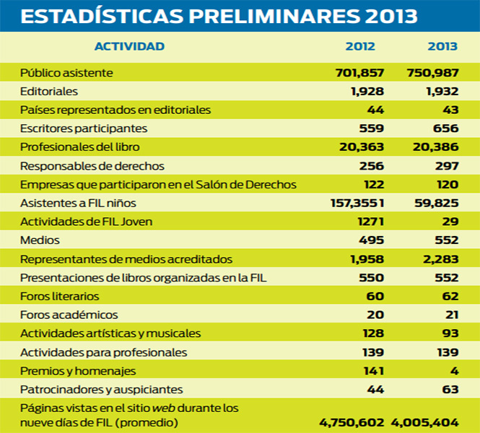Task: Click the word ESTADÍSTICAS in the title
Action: (x=102, y=15)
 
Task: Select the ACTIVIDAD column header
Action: (x=129, y=46)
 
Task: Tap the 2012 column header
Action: (x=360, y=46)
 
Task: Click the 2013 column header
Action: (x=442, y=46)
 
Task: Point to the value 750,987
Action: (x=432, y=73)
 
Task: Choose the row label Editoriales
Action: (x=49, y=92)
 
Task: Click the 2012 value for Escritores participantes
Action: (x=371, y=128)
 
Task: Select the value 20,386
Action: (x=436, y=147)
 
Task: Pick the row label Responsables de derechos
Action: (x=92, y=166)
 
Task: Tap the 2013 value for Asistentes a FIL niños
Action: (x=437, y=203)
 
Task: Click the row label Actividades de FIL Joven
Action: (x=87, y=222)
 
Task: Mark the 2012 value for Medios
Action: (x=371, y=240)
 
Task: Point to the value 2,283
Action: (x=441, y=259)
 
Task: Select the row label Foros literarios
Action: (x=60, y=296)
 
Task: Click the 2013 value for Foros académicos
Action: (x=452, y=315)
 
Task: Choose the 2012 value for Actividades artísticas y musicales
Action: (x=373, y=333)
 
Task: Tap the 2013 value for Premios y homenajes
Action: (x=454, y=371)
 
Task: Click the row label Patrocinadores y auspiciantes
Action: (x=101, y=390)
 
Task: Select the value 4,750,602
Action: (x=352, y=423)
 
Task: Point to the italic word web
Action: (x=164, y=408)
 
